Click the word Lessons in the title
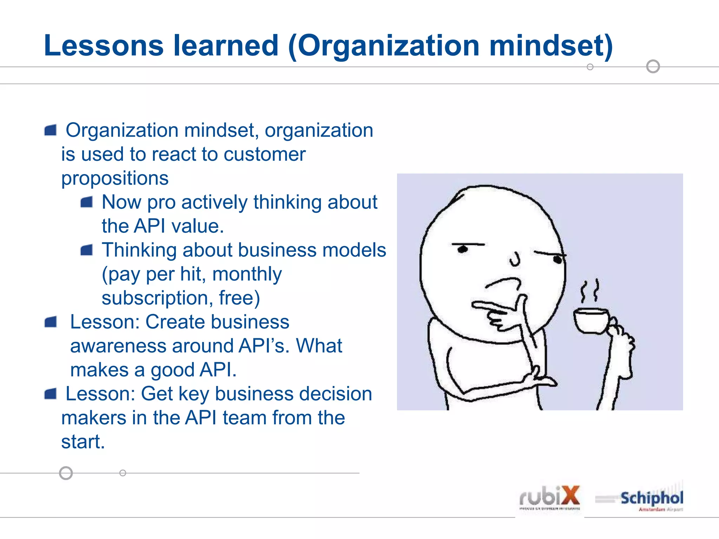click(x=104, y=46)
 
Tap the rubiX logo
click(x=549, y=498)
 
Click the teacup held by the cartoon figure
click(x=591, y=320)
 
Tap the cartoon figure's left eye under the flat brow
click(x=463, y=249)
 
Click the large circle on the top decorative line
click(x=653, y=66)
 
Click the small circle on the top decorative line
click(x=590, y=67)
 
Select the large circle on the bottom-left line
click(x=66, y=473)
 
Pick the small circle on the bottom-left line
click(x=123, y=473)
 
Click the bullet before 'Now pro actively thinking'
click(x=86, y=202)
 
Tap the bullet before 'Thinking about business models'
click(x=86, y=250)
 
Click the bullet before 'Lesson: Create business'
click(x=51, y=322)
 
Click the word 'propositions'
click(x=115, y=178)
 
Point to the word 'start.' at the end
click(x=83, y=441)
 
